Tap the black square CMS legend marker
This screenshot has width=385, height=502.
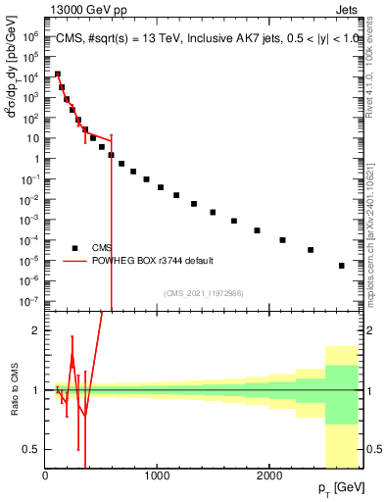(x=74, y=247)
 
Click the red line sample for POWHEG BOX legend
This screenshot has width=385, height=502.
(x=74, y=261)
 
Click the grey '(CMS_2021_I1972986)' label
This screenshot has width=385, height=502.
(x=204, y=292)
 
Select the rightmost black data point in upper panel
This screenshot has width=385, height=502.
(x=341, y=266)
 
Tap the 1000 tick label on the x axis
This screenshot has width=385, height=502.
(x=157, y=477)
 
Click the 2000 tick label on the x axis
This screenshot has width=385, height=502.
(x=269, y=477)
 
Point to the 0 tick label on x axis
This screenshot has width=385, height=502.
(x=45, y=477)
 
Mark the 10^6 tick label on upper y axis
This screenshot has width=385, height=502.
(x=29, y=35)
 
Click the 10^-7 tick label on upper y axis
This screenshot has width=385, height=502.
(x=29, y=301)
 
